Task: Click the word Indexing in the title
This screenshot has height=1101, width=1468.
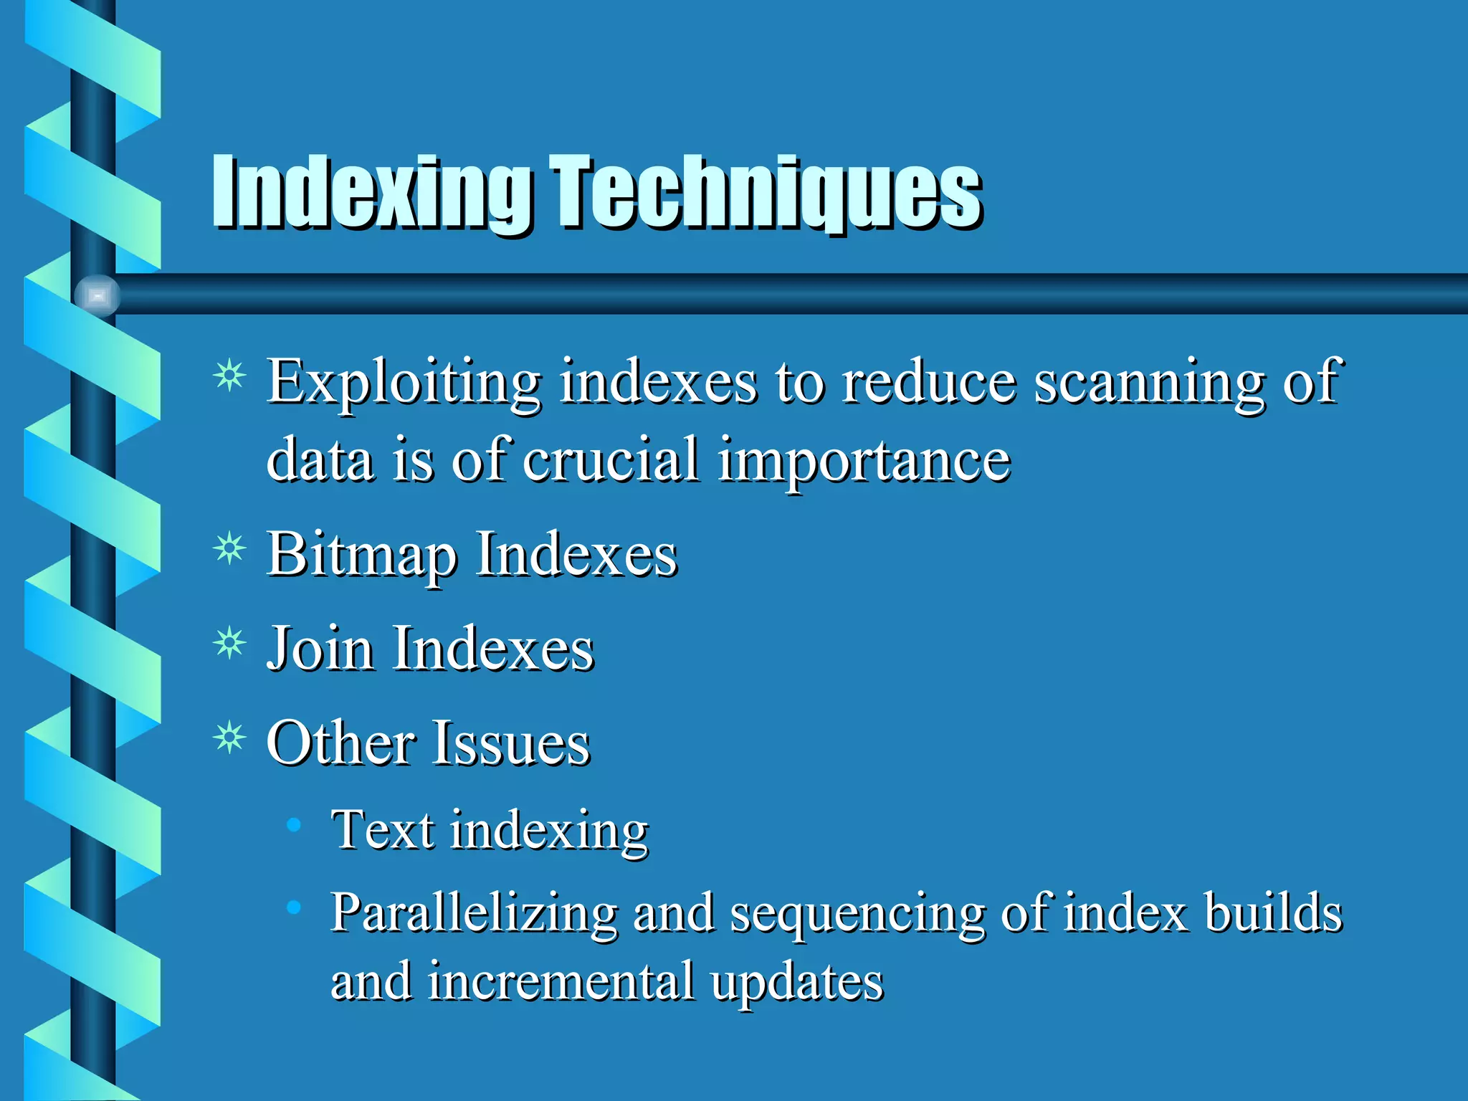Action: (x=371, y=192)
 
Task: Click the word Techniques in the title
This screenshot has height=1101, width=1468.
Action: (x=766, y=192)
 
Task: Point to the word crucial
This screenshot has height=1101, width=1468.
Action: (x=611, y=460)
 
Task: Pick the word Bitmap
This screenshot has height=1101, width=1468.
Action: (x=362, y=556)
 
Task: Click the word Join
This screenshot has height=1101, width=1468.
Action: (x=320, y=649)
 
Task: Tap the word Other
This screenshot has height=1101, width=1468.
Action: (x=341, y=743)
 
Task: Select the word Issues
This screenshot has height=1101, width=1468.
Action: (x=511, y=743)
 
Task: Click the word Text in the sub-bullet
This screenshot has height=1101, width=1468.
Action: (x=382, y=830)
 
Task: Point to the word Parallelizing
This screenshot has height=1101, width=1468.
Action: (x=473, y=914)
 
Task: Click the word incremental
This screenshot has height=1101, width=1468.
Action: (x=561, y=982)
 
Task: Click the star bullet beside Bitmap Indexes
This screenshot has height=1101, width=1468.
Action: (x=229, y=550)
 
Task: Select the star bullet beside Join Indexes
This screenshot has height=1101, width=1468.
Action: (x=229, y=643)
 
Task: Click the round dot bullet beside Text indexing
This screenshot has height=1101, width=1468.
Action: (x=292, y=825)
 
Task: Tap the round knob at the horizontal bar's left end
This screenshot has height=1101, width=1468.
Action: (x=97, y=295)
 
